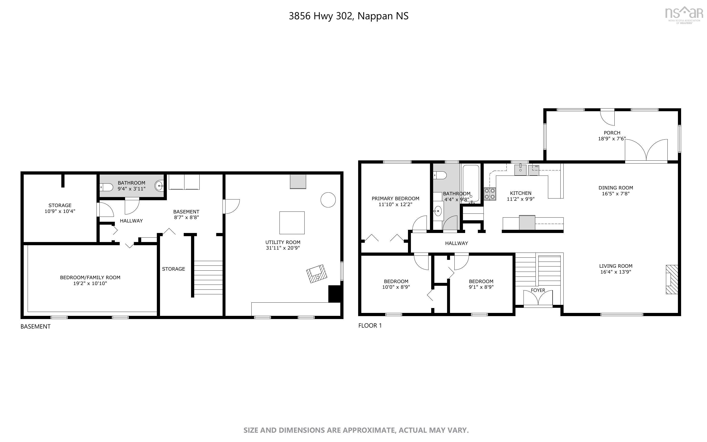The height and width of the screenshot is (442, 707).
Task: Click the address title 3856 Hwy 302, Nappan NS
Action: click(349, 16)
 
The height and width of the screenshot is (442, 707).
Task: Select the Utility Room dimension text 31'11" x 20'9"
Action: click(283, 248)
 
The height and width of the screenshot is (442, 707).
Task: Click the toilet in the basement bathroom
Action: click(106, 187)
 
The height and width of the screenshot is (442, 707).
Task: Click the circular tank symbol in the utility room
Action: click(328, 200)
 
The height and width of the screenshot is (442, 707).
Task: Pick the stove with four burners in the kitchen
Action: click(490, 194)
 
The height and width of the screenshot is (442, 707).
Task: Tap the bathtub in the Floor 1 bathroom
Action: click(471, 183)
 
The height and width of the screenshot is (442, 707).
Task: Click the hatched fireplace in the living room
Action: click(672, 279)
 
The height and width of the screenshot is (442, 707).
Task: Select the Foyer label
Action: click(538, 290)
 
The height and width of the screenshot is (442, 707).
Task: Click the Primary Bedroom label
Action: click(396, 199)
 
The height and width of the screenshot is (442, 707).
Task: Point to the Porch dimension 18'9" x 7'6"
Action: click(612, 139)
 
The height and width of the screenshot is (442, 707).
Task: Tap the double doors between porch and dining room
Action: click(646, 151)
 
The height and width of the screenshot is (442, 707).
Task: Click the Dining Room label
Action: click(616, 188)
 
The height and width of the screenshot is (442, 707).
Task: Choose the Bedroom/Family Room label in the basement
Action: click(90, 277)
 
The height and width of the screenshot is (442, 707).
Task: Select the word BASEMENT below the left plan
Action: click(35, 327)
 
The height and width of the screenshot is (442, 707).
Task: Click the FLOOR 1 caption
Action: click(370, 326)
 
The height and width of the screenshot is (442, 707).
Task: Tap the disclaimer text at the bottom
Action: click(356, 430)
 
